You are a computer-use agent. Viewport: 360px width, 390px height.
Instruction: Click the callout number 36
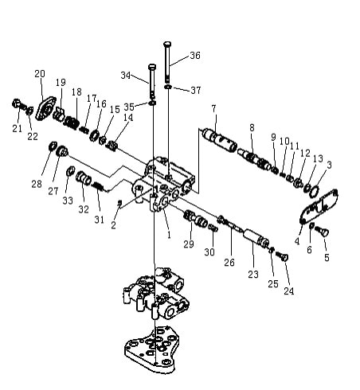(195, 56)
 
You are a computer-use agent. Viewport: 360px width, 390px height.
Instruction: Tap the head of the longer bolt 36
(167, 44)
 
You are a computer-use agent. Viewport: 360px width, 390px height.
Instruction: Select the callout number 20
(40, 73)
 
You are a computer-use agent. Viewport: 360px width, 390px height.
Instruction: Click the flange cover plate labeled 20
(45, 109)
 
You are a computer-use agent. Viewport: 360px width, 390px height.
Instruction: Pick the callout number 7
(213, 108)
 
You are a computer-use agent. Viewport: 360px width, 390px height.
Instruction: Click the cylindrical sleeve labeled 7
(219, 139)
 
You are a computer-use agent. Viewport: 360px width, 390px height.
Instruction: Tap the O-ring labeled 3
(314, 192)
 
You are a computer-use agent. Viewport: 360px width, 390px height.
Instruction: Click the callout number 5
(327, 257)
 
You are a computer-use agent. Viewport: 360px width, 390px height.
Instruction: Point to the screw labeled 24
(282, 256)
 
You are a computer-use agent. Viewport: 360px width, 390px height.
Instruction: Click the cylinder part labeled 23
(256, 238)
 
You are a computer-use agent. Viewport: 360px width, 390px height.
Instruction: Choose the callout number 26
(229, 263)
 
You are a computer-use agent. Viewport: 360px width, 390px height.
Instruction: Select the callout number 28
(37, 184)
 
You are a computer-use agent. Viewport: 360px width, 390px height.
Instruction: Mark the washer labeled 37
(168, 87)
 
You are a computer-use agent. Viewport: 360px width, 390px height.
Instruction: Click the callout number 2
(113, 225)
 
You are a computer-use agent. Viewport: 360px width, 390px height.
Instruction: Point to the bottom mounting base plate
(152, 349)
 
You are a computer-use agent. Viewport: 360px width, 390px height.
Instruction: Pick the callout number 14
(128, 117)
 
